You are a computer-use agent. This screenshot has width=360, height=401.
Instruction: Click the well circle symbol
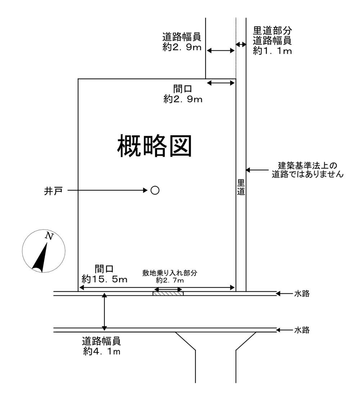click(x=155, y=190)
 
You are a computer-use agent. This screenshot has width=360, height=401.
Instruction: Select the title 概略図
click(x=154, y=146)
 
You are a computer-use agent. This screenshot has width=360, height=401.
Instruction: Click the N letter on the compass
click(x=49, y=236)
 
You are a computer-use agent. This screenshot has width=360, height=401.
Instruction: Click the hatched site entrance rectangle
click(x=168, y=294)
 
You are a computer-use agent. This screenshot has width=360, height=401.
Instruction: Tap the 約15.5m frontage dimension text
click(x=99, y=279)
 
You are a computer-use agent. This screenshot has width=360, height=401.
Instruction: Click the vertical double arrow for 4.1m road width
click(x=104, y=312)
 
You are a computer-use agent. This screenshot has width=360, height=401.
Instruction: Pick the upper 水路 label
click(x=302, y=294)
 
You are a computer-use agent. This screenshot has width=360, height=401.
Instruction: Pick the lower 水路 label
click(x=302, y=330)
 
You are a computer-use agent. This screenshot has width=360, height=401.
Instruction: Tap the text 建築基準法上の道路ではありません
click(x=308, y=170)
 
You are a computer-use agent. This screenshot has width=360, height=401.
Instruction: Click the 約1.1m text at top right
click(x=272, y=51)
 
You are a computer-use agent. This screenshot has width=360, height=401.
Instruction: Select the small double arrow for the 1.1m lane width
click(x=241, y=44)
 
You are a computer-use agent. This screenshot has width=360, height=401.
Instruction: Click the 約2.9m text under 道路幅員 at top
click(x=182, y=47)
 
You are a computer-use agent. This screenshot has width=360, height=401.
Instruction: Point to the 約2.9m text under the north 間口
click(x=183, y=99)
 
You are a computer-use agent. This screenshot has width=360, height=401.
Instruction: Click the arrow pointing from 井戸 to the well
click(x=108, y=190)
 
